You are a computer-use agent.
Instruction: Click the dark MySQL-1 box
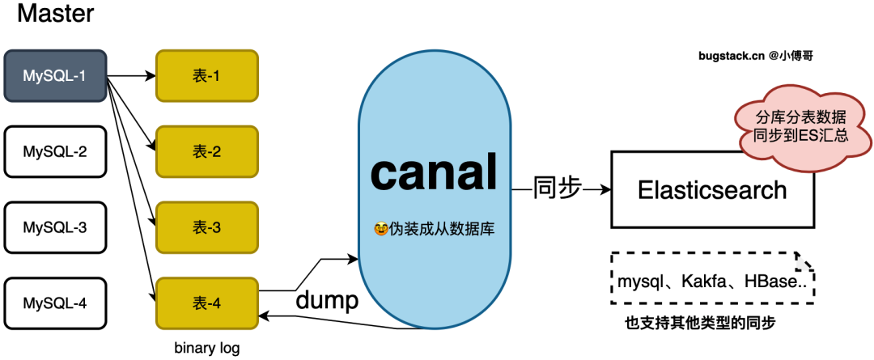coord(55,76)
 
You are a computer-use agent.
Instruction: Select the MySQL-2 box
coord(55,151)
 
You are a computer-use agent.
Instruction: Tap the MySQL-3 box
coord(55,227)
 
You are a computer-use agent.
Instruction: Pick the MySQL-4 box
coord(55,303)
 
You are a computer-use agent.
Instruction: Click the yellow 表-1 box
coord(206,76)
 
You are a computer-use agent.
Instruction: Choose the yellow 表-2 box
coord(206,151)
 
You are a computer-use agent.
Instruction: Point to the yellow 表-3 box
coord(206,227)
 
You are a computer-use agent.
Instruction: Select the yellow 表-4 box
coord(206,303)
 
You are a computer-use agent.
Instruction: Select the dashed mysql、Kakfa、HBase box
coord(711,282)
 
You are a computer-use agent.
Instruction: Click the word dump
coord(326,301)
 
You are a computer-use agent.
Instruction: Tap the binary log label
coord(207,348)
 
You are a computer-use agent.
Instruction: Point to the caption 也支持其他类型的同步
coord(701,323)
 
